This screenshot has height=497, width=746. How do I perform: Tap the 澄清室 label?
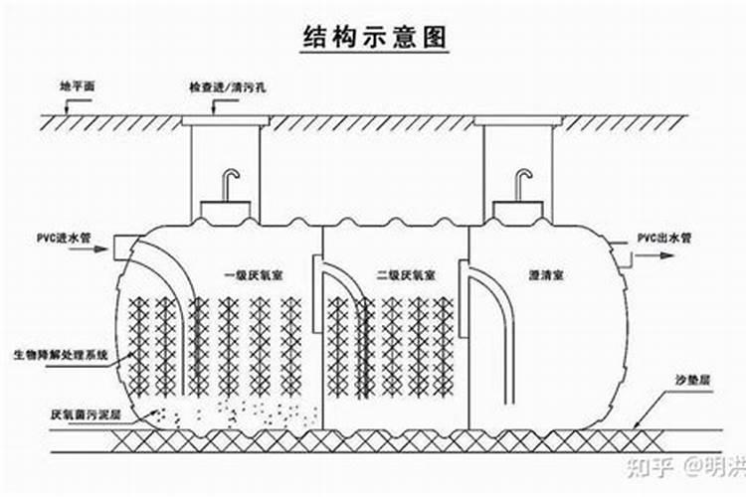click(x=548, y=273)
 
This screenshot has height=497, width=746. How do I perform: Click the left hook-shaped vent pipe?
click(x=230, y=184)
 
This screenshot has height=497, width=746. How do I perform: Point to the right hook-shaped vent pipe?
click(x=523, y=184)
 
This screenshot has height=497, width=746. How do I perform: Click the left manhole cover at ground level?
click(x=226, y=120)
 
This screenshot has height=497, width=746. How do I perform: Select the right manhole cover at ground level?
click(x=517, y=120)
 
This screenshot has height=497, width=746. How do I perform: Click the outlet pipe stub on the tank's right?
click(x=629, y=255)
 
